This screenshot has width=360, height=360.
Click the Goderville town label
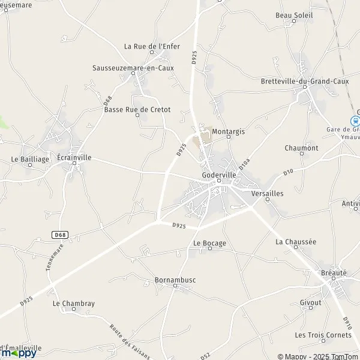pos(220,175)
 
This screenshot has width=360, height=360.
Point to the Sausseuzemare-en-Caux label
pos(133,68)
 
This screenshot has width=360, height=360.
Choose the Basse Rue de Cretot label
pos(137,110)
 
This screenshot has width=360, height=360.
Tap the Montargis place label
pos(229,131)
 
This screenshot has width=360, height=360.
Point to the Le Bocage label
pos(209,243)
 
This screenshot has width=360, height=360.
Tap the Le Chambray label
pos(74,304)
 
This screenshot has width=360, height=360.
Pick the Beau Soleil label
pos(294,15)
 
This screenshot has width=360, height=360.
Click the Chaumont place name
pos(301,148)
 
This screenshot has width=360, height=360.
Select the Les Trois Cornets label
pos(315,335)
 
